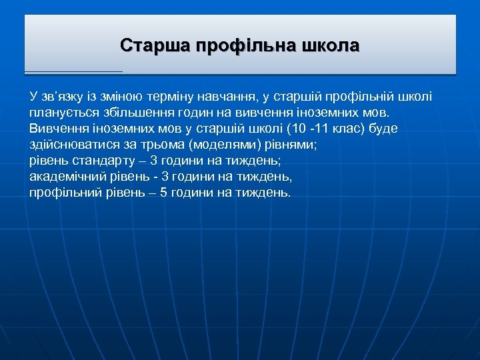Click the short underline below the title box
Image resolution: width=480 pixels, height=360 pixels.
click(x=73, y=71)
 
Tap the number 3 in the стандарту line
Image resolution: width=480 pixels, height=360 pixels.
click(x=155, y=161)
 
